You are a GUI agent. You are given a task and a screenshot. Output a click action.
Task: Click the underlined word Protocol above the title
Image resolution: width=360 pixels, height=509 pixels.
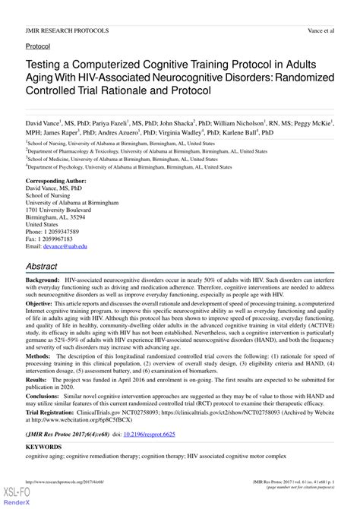(38, 46)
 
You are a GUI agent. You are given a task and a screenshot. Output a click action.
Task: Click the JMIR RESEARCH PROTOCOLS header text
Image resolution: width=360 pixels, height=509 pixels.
(67, 30)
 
